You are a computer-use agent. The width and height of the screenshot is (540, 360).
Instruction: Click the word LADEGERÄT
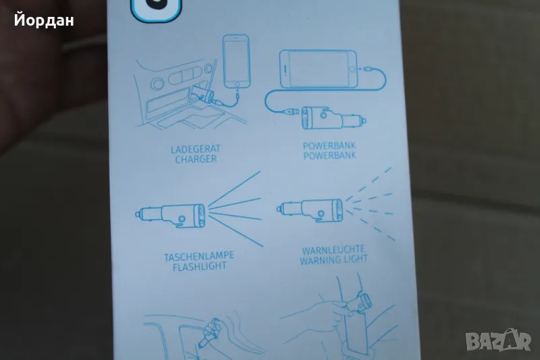pos(195,149)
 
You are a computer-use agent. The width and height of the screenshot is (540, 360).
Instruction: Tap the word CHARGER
pos(196,159)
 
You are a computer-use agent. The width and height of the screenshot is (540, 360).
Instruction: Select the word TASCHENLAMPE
pos(198,257)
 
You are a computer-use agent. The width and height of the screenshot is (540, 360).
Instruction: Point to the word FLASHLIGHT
pos(199,266)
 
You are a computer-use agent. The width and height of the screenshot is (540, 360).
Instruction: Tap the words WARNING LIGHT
pos(333,259)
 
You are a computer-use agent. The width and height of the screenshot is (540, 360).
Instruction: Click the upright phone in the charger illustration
pos(236,61)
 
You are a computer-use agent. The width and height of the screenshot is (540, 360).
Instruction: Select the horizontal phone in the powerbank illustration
pos(318,69)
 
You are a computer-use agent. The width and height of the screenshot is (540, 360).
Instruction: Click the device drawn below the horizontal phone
pos(333,118)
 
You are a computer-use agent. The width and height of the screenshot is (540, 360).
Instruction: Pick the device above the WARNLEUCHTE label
pos(310,210)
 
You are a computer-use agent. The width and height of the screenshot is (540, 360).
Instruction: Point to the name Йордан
pos(44,20)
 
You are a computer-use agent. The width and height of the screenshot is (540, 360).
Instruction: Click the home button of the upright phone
pos(237,84)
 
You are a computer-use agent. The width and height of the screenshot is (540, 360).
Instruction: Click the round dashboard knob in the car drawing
pos(158,83)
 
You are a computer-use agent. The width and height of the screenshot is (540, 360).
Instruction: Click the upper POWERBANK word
pos(329,146)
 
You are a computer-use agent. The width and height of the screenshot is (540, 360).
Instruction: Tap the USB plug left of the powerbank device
pos(290,111)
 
